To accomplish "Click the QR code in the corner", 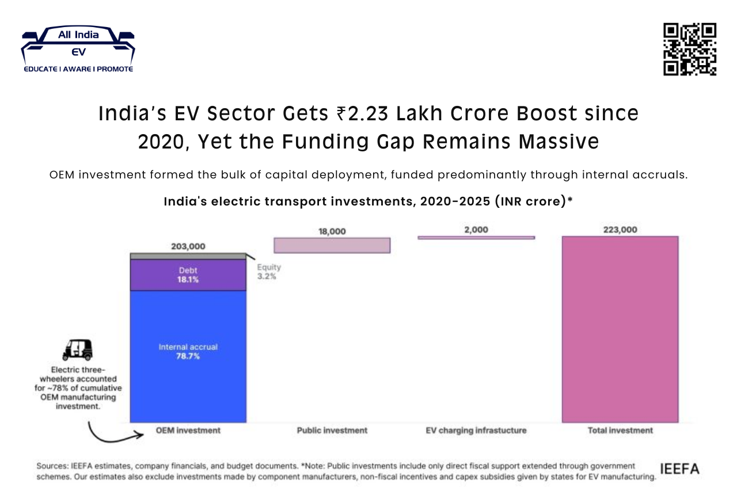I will click(x=689, y=50).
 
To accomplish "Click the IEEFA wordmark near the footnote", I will click(x=679, y=469).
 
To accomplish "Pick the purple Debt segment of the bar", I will click(x=188, y=275).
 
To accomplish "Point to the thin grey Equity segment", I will click(x=188, y=256).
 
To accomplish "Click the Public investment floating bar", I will click(x=332, y=245).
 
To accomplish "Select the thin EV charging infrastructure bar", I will click(x=476, y=237).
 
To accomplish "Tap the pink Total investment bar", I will click(x=620, y=329).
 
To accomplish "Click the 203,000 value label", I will click(x=188, y=246).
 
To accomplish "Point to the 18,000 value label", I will click(x=332, y=231).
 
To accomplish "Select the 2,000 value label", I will click(x=476, y=230).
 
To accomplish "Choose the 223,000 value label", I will click(x=620, y=230).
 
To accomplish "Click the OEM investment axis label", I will click(x=188, y=430).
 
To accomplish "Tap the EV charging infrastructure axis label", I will click(x=476, y=430).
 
